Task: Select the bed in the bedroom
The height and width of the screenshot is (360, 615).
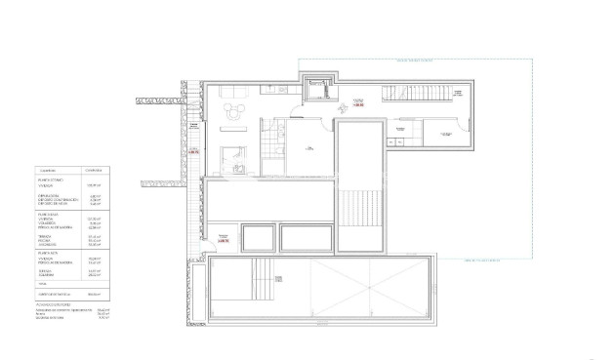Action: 233,157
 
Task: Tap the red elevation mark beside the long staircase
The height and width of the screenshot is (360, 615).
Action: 357,101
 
